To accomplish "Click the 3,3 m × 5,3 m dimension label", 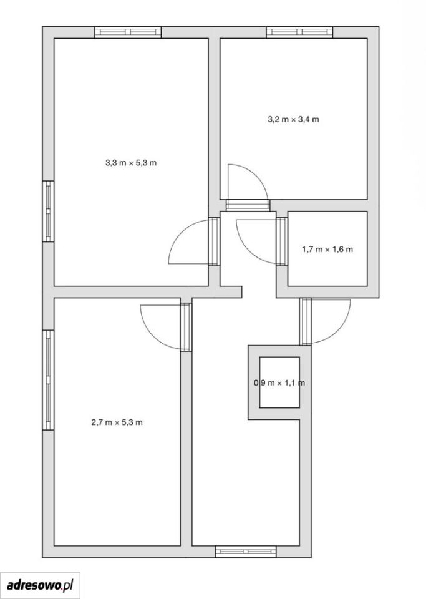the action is [x=131, y=163].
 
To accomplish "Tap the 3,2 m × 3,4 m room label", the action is [x=293, y=119].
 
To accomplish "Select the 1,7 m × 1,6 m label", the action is [x=327, y=250].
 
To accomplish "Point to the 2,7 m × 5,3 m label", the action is [x=117, y=422].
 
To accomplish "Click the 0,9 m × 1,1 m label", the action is [x=279, y=382].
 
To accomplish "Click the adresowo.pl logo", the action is [x=40, y=585].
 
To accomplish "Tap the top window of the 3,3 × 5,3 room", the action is [x=128, y=32].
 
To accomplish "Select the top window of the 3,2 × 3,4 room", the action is [x=299, y=32].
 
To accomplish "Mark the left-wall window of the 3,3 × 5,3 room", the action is [x=48, y=212].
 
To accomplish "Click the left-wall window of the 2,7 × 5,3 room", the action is [x=48, y=380].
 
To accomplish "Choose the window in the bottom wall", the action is [x=246, y=551].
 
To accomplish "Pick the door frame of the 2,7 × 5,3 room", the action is [x=186, y=327].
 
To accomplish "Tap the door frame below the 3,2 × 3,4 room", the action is [x=248, y=205].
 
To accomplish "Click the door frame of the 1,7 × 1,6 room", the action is [x=282, y=241].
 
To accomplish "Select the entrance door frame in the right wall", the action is [x=306, y=322].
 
